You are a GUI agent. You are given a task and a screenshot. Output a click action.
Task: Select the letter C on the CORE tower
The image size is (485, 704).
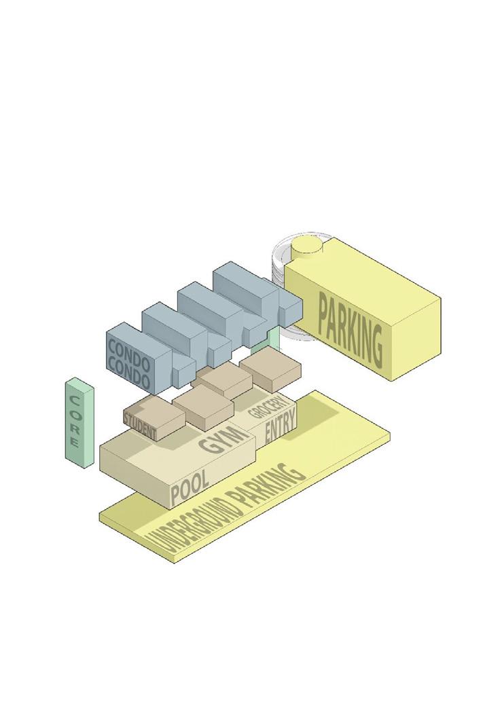tap(74, 396)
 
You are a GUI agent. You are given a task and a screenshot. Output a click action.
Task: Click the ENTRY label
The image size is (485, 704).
tap(280, 430)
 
